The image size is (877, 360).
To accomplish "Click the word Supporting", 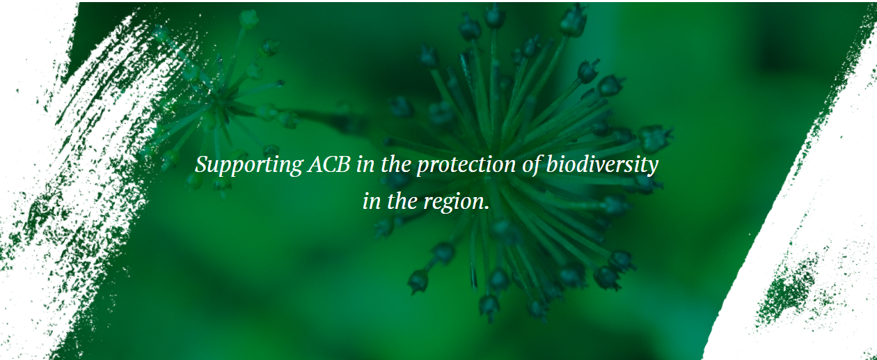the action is point(248,165).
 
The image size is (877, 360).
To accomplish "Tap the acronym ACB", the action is point(329,164).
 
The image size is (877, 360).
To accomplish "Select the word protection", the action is point(466,165).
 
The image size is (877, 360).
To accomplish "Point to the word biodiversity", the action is point(602,165).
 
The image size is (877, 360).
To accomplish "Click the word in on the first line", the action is point(365,164).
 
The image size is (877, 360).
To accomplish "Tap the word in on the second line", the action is point(372,201).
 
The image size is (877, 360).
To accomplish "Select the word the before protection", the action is point(396,164).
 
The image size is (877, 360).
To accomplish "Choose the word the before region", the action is point(402,201).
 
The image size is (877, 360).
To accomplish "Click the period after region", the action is point(487,208).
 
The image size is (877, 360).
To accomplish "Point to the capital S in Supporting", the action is point(202,164).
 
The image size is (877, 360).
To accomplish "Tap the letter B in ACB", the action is point(343,164).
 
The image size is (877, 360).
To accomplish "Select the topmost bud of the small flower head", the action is point(248,18).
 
